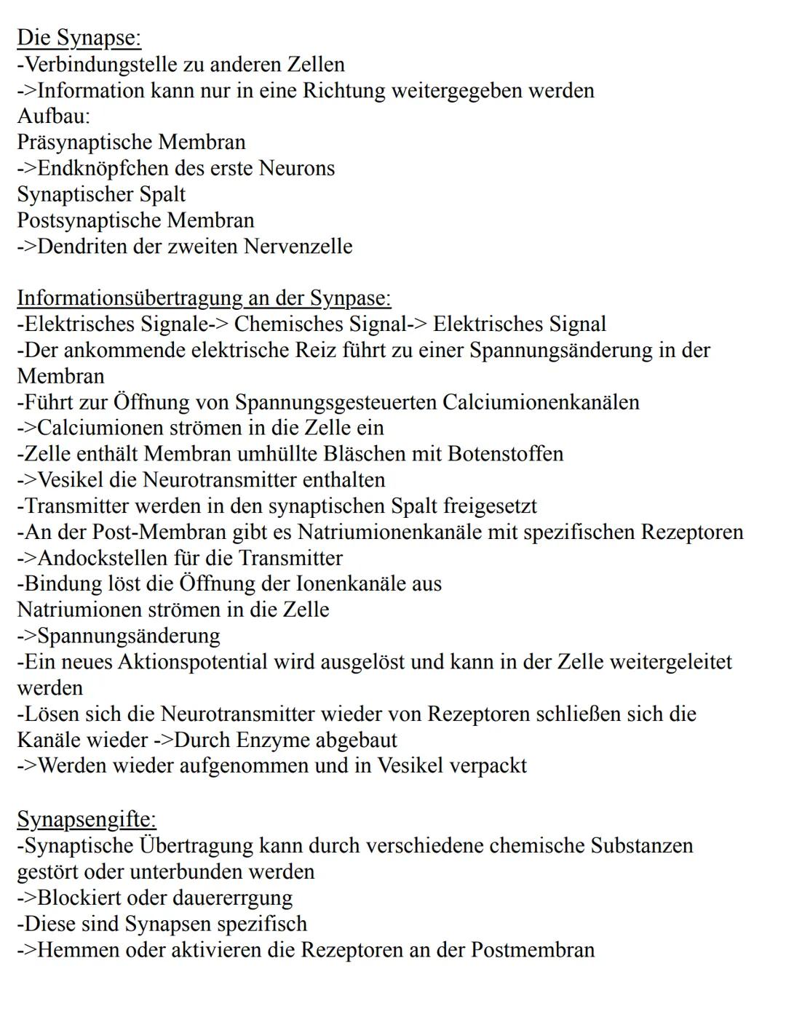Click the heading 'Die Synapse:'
pyautogui.click(x=79, y=38)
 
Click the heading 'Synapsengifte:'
pyautogui.click(x=86, y=819)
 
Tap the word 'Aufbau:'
pyautogui.click(x=54, y=116)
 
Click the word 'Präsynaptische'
pyautogui.click(x=84, y=143)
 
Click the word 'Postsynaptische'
pyautogui.click(x=89, y=220)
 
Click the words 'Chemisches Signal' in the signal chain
pyautogui.click(x=319, y=324)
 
